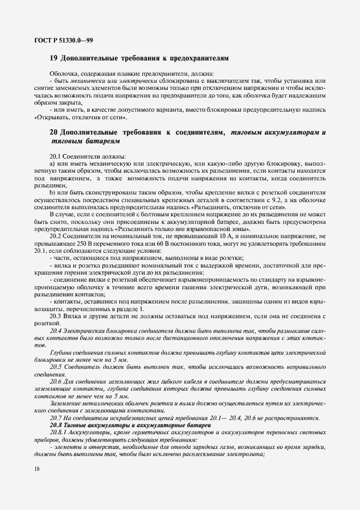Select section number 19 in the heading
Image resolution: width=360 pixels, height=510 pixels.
(53, 57)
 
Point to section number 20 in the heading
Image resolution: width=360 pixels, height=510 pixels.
(53, 132)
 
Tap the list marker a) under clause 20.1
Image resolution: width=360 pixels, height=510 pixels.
(52, 164)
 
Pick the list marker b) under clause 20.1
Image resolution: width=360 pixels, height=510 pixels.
(52, 193)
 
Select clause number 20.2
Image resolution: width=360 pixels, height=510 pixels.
(56, 236)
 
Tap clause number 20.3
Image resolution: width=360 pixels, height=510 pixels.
(56, 315)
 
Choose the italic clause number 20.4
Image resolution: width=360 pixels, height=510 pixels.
(56, 331)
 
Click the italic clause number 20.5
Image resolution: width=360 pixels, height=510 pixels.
(56, 367)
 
